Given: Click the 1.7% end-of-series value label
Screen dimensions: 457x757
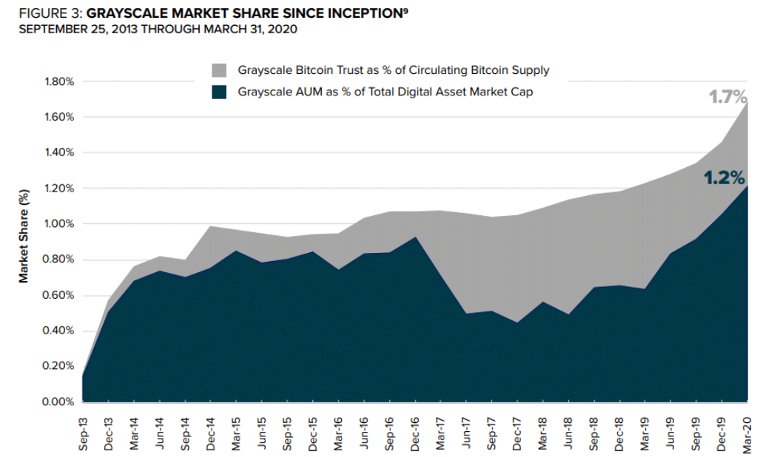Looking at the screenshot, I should [729, 97].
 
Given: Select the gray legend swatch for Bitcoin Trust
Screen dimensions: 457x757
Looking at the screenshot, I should [219, 71].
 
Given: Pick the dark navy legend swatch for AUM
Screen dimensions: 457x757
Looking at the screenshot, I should [219, 92].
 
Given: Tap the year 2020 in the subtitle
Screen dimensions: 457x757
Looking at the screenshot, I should [283, 30].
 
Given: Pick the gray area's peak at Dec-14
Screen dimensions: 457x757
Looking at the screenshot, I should [210, 226].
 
